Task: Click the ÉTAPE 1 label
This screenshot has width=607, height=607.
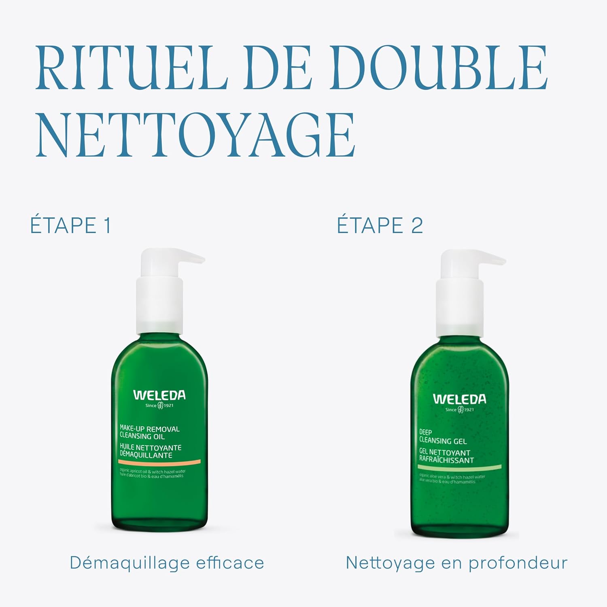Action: click(71, 225)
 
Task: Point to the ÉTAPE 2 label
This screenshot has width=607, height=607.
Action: click(380, 225)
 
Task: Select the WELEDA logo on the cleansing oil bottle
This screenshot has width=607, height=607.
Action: click(159, 395)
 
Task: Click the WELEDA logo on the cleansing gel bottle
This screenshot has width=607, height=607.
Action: click(459, 399)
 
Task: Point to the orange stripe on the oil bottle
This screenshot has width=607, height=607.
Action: click(159, 462)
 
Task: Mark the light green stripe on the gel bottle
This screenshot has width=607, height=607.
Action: click(459, 467)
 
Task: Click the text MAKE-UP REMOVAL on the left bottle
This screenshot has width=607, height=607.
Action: click(149, 429)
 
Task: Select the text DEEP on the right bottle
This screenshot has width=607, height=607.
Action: click(425, 432)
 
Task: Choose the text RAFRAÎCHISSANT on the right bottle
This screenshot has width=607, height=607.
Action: click(446, 460)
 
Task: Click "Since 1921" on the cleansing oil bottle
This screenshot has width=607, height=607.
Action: click(159, 405)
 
